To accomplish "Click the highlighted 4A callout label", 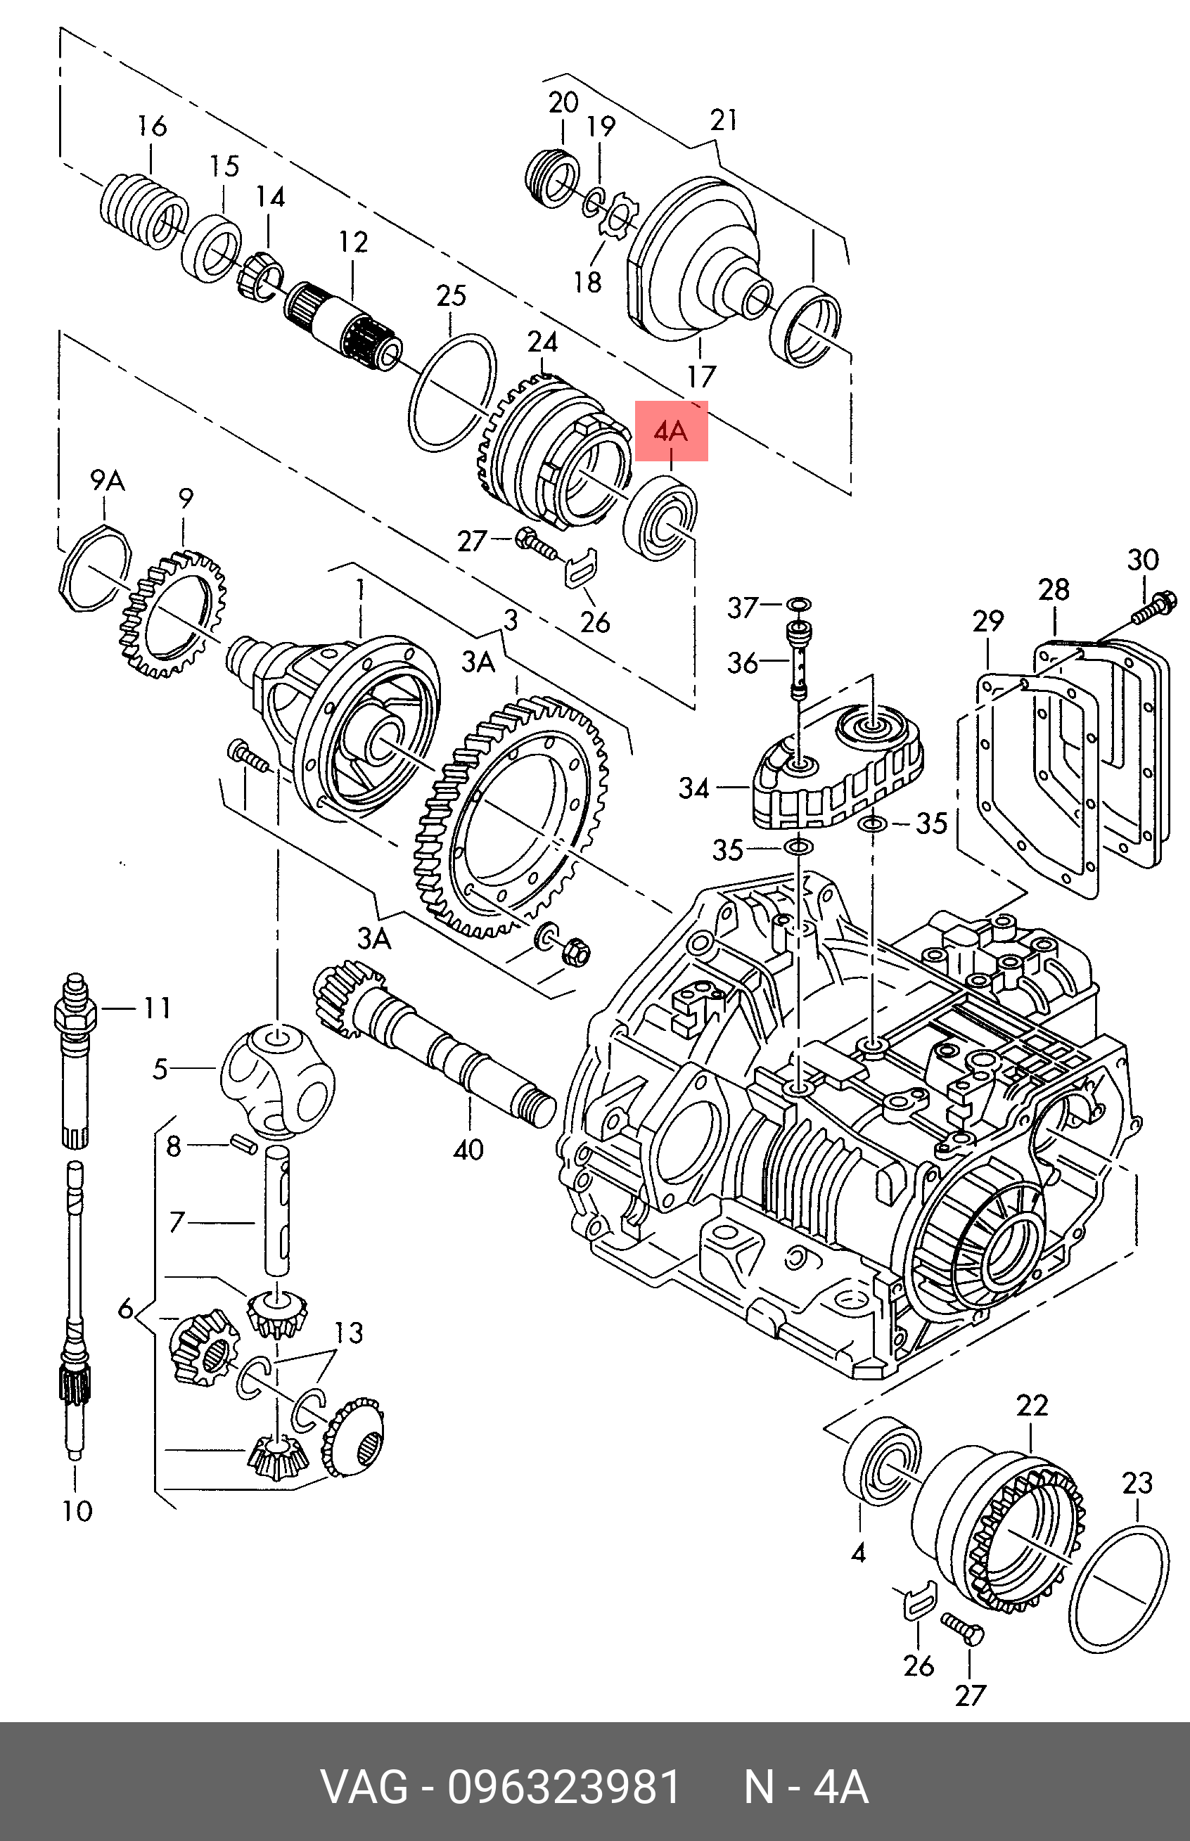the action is (x=671, y=431).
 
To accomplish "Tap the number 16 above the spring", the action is (x=151, y=126).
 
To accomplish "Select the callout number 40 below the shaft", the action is (x=468, y=1150).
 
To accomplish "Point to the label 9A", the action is (x=108, y=480).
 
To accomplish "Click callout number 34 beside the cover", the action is (x=694, y=788).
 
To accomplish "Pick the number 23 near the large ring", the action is (x=1137, y=1482).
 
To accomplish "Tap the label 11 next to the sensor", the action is (x=157, y=1008).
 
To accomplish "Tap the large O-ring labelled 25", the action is (x=452, y=393).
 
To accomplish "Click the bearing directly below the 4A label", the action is (x=660, y=518).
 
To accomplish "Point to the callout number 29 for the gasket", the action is (x=987, y=621).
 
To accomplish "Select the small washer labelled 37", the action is (x=800, y=603).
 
